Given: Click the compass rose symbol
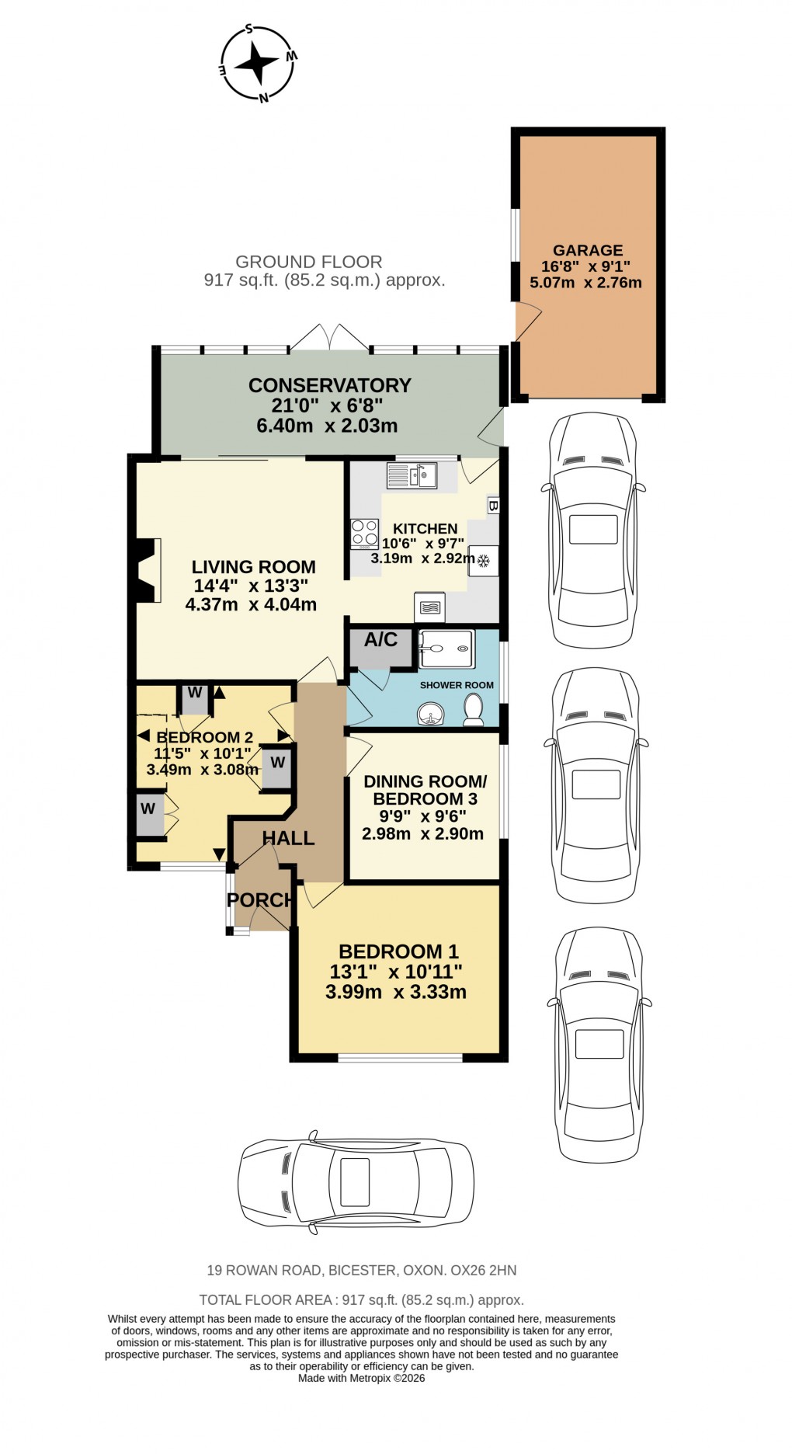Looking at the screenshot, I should pos(257,64).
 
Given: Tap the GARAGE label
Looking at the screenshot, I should pos(587,250).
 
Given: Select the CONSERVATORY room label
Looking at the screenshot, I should pos(329,385).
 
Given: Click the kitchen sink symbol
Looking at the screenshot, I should pos(412,475).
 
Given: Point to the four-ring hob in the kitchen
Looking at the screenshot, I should pos(364,534).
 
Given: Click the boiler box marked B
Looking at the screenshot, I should pos(493,506).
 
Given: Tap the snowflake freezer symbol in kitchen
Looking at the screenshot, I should pos(483,561).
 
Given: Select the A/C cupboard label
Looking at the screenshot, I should pos(380,640).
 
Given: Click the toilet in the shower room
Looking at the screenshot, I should pos(473,710).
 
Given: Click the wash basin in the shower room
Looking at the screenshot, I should pos(429,713).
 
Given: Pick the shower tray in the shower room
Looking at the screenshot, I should pos(446,649).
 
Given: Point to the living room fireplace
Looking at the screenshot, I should pos(147,570).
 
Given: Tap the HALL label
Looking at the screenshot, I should pos(288,838).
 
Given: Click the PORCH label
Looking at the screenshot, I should pos(260,900).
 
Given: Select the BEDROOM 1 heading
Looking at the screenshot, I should pos(398,951).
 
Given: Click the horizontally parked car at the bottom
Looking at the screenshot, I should pos(356,1181).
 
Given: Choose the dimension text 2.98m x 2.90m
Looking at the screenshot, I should pos(422,834).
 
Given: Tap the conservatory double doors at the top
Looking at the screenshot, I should pos(330,337).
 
